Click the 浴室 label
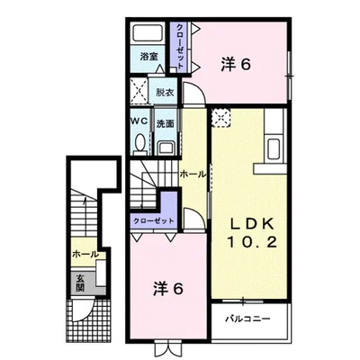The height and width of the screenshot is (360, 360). click(148, 57)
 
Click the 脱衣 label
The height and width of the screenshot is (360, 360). click(164, 92)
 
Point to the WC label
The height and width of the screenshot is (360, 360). click(139, 121)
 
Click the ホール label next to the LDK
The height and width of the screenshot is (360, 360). click(191, 172)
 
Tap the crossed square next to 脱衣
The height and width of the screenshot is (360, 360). click(139, 91)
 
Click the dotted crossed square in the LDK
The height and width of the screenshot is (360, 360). click(221, 117)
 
